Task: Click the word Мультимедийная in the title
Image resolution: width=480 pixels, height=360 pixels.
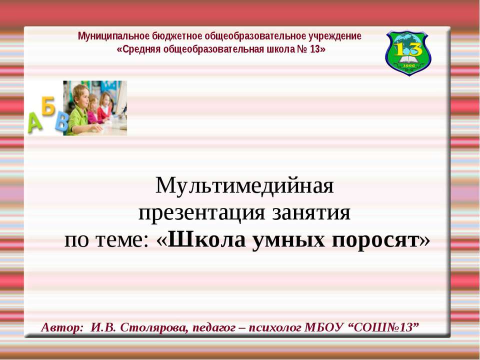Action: (x=244, y=186)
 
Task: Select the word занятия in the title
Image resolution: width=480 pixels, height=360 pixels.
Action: (x=311, y=213)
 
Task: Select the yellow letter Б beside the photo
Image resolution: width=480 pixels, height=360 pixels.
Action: (x=48, y=107)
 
